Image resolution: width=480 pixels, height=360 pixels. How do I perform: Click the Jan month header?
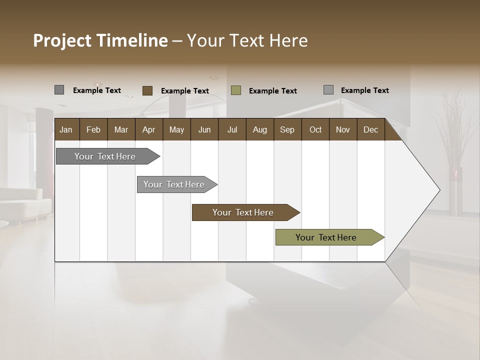[66, 129]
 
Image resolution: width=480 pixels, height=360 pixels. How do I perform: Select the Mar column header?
[121, 129]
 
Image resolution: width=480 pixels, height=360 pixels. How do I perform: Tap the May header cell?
[176, 129]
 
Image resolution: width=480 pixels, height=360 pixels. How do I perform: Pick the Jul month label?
[232, 129]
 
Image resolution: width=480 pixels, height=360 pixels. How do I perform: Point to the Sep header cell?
[287, 129]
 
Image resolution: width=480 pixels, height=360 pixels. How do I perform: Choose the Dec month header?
[370, 129]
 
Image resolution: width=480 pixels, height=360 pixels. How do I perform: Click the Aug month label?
[259, 129]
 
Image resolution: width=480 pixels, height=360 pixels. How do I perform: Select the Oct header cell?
[315, 129]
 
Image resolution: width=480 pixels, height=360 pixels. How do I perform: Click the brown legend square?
[147, 90]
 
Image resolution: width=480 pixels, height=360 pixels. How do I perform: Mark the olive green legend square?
[236, 90]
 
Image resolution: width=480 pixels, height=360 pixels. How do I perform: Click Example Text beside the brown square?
[184, 91]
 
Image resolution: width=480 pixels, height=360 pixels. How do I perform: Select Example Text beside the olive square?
[272, 91]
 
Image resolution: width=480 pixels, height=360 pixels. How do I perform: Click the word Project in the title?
[62, 40]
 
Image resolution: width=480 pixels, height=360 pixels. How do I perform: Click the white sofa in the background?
[25, 202]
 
